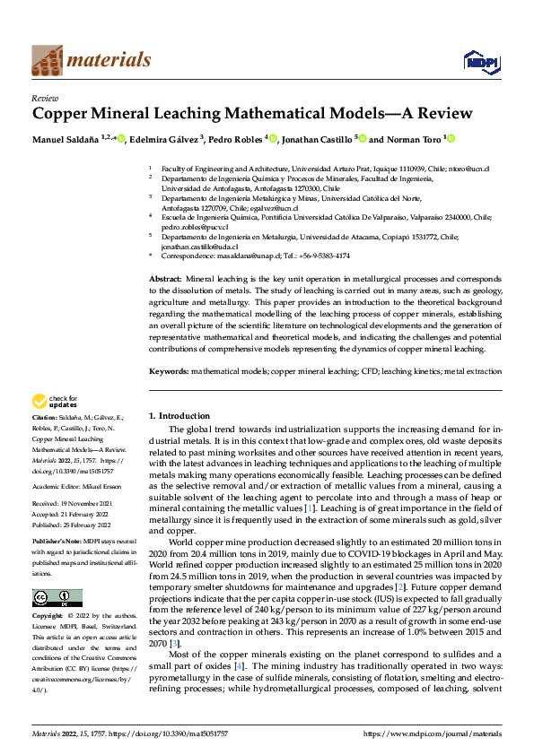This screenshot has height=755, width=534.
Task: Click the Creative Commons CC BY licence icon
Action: (x=57, y=597)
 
